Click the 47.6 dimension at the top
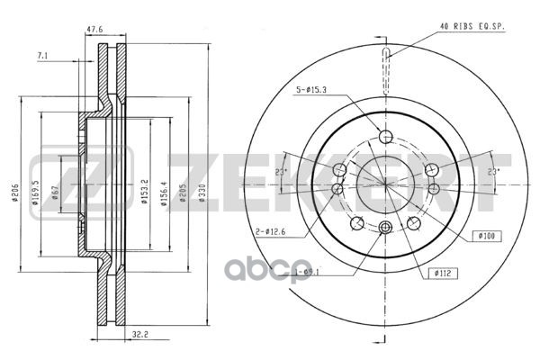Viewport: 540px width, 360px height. pyautogui.click(x=94, y=28)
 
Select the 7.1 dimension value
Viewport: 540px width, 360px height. pyautogui.click(x=43, y=57)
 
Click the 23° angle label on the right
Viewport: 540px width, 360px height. pyautogui.click(x=492, y=171)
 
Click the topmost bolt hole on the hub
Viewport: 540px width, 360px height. pyautogui.click(x=386, y=137)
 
